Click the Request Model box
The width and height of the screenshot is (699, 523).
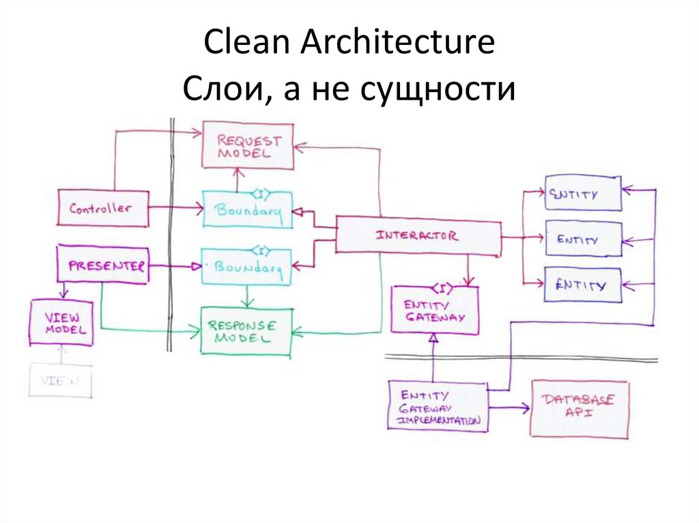pyautogui.click(x=248, y=146)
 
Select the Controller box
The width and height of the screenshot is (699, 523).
pyautogui.click(x=103, y=209)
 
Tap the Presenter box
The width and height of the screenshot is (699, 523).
pyautogui.click(x=102, y=264)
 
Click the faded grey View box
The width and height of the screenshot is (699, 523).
pyautogui.click(x=60, y=380)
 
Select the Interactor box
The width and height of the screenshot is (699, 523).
pyautogui.click(x=418, y=236)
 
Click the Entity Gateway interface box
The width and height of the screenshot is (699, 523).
pyautogui.click(x=435, y=311)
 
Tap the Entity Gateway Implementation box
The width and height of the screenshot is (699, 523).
pyautogui.click(x=438, y=407)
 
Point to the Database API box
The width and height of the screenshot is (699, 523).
pyautogui.click(x=580, y=408)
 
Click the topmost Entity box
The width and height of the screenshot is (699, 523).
pyautogui.click(x=583, y=194)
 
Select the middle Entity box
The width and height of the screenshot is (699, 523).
pyautogui.click(x=583, y=239)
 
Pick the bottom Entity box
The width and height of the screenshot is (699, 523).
pyautogui.click(x=583, y=285)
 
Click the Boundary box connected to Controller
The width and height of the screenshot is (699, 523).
pyautogui.click(x=248, y=210)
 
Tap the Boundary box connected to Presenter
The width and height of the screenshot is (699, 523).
pyautogui.click(x=248, y=267)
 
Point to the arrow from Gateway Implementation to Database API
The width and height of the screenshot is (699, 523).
pyautogui.click(x=509, y=408)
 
